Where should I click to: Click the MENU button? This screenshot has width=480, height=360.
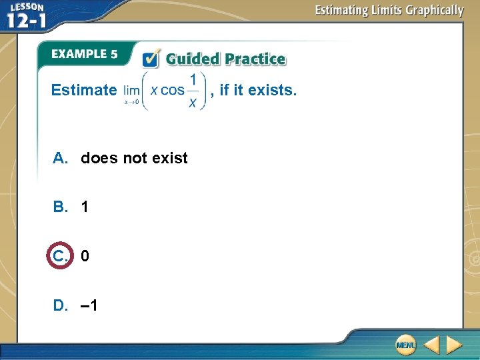coord(405,345)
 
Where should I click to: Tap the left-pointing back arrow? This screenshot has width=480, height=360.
coord(431,345)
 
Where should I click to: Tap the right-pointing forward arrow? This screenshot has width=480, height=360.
coord(454,345)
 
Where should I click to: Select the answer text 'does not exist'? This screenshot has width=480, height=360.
coord(134,158)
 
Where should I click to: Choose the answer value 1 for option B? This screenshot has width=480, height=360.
coord(85,207)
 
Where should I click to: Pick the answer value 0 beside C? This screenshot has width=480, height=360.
coord(85,256)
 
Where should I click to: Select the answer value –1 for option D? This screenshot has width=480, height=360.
coord(88,305)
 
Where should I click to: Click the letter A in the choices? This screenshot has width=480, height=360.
coord(61,158)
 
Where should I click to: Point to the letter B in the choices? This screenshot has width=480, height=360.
coord(61,207)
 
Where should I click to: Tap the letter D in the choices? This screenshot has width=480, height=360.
coord(61,305)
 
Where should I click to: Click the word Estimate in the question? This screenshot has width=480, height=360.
coord(84,90)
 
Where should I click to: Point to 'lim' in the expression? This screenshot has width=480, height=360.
coord(131,90)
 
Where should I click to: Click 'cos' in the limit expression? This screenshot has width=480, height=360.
coord(173,90)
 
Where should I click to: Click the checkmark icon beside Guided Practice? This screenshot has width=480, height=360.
coord(151,59)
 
